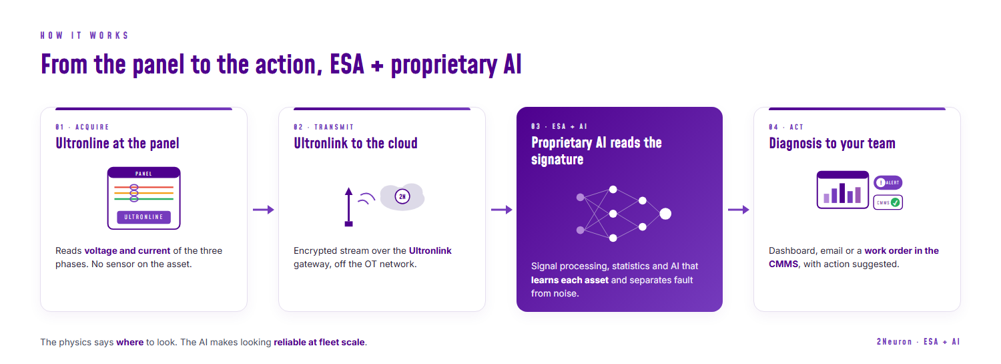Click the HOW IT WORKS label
tap(85, 35)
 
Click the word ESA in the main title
tap(347, 64)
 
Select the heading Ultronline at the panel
tap(117, 143)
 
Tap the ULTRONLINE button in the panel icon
tap(144, 217)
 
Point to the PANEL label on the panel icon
tap(144, 174)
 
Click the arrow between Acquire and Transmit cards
tap(263, 210)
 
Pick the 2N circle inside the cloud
tap(402, 196)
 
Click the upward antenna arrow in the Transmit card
tap(348, 207)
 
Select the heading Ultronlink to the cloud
tap(356, 143)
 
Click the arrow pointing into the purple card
tap(501, 210)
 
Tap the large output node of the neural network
tap(665, 214)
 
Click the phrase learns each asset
tap(570, 280)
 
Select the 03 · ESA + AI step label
tap(559, 126)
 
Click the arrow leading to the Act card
tap(738, 210)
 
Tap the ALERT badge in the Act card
tap(888, 182)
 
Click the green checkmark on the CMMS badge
tap(895, 202)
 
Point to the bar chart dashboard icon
tap(843, 190)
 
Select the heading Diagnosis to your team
tap(832, 143)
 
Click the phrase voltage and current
tap(127, 250)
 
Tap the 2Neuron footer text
tap(894, 342)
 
